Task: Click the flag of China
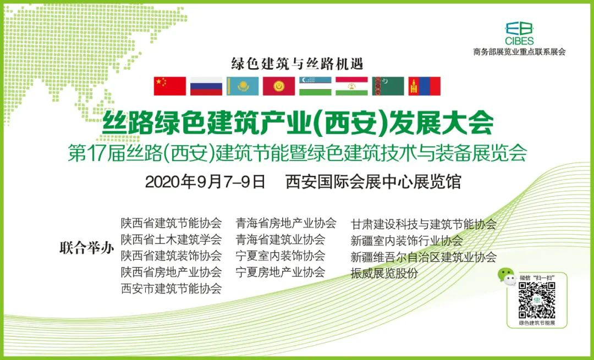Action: tap(170, 86)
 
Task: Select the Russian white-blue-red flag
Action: tap(206, 86)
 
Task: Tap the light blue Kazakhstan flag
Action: tap(243, 86)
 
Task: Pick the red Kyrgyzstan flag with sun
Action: tap(279, 86)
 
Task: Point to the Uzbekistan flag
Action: tap(315, 86)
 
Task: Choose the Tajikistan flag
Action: tap(351, 86)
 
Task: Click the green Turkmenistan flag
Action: tap(388, 86)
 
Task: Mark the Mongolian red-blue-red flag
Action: tap(424, 86)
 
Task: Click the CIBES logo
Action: tap(519, 34)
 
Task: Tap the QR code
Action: tap(537, 300)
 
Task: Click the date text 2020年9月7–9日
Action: tap(205, 182)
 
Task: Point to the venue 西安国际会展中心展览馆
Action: tap(373, 182)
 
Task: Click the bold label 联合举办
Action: tap(87, 248)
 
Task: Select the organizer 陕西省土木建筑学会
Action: tap(171, 239)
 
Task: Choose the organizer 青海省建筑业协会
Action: tap(280, 239)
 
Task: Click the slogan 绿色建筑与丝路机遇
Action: tap(298, 64)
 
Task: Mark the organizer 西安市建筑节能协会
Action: tap(171, 289)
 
